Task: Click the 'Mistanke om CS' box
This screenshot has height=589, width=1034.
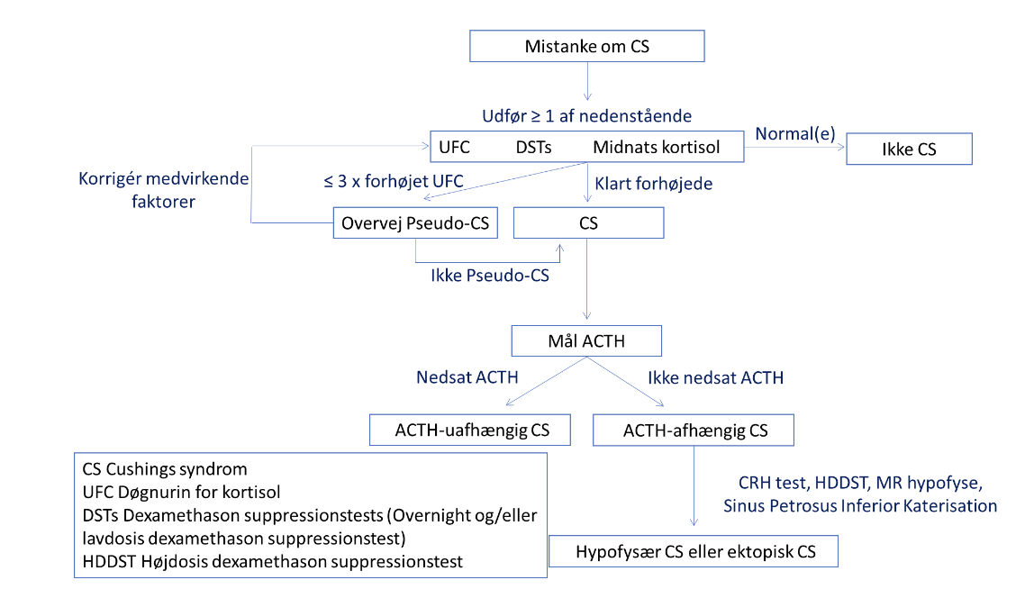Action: (x=587, y=46)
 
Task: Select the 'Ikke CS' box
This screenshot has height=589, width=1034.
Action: (x=909, y=150)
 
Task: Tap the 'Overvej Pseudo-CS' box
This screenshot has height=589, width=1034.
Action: (x=415, y=223)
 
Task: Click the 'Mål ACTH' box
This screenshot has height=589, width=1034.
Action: (x=586, y=341)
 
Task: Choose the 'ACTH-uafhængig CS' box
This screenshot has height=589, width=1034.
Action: (x=470, y=430)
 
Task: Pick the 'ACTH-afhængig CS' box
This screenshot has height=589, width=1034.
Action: (x=694, y=430)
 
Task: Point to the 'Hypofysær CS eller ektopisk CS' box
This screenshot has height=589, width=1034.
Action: (x=694, y=551)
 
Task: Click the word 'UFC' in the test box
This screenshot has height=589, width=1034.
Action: (x=454, y=147)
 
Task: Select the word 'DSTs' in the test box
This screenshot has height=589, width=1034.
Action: (x=533, y=147)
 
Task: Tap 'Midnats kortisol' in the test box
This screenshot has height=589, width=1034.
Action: (x=656, y=147)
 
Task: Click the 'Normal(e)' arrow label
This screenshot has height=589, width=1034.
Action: (x=794, y=134)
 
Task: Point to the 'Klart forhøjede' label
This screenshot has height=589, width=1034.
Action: (x=654, y=184)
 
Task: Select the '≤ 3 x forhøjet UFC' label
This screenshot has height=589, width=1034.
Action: (x=394, y=181)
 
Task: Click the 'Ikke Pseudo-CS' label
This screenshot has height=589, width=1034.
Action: (x=490, y=275)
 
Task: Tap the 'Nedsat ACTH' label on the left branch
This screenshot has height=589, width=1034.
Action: (x=467, y=377)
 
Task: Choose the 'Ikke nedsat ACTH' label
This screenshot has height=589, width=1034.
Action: (x=715, y=378)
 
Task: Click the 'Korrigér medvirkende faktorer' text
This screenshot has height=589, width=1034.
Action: (x=164, y=190)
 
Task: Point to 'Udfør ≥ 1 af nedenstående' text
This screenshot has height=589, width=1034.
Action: (x=587, y=116)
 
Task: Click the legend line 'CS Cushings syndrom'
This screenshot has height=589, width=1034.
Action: (x=165, y=469)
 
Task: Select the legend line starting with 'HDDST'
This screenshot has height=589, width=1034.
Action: (x=272, y=561)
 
